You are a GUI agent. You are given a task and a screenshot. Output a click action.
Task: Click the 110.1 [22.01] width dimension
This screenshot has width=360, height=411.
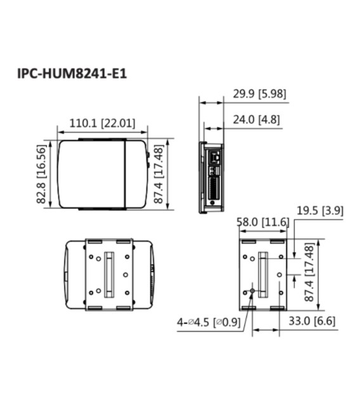[x=101, y=123]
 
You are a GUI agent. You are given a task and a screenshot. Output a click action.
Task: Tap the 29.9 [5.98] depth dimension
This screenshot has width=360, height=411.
[x=259, y=94]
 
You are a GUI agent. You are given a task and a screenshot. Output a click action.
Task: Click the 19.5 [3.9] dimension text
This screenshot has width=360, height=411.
[x=320, y=211]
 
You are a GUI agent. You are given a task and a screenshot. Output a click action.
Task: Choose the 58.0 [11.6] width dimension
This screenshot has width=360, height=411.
[x=262, y=222]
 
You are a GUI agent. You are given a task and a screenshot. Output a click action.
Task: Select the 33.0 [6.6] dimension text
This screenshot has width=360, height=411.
[x=312, y=321]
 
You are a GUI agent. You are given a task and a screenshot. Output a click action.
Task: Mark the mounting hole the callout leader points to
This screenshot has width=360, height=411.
[x=253, y=291]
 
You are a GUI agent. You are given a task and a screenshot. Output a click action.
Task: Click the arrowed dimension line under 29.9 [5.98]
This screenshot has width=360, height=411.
[x=212, y=102]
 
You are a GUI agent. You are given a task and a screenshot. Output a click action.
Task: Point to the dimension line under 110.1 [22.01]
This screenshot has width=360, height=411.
[x=102, y=132]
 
